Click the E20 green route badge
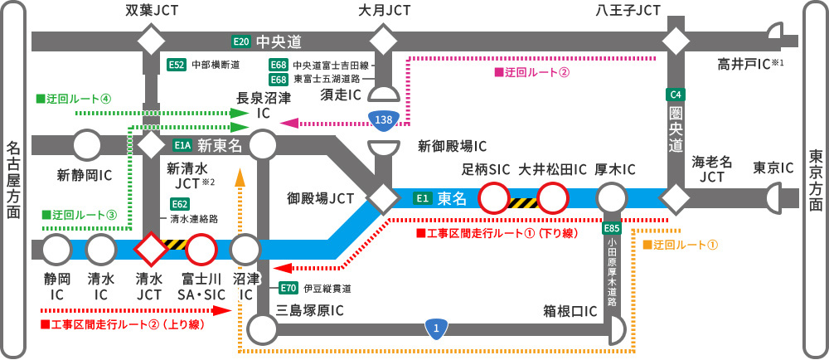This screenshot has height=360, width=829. pos(240,41)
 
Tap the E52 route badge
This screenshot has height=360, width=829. pos(177,64)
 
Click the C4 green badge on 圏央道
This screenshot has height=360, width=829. pos(676,94)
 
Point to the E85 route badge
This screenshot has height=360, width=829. pos(612,227)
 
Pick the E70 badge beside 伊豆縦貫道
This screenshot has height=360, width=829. pos(288,288)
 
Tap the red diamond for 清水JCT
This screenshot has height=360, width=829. pos(152,248)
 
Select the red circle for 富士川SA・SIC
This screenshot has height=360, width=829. pos(201,248)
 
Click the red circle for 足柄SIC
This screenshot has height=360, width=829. pos(493,199)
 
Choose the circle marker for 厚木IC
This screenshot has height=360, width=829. pos(612,199)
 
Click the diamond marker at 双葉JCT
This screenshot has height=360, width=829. pos(152,41)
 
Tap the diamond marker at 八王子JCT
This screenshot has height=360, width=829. pos(676,41)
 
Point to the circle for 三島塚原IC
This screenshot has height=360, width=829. pos(262,329)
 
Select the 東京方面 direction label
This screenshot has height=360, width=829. pos(816,179)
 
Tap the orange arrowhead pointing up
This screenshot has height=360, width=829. pos(240,176)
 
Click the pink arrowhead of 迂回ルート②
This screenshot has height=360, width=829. pos(289,123)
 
